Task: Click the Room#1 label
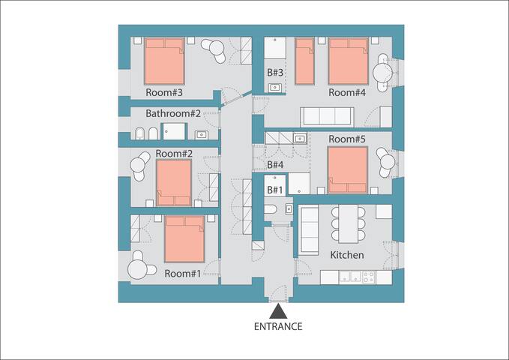[x=182, y=274]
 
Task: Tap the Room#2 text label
[x=174, y=154]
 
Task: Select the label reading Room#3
[x=166, y=93]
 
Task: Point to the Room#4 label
[x=347, y=92]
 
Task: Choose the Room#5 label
[x=347, y=139]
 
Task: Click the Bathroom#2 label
[x=173, y=114]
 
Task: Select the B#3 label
[x=275, y=73]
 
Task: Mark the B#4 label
[x=275, y=164]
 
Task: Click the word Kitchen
[x=347, y=255]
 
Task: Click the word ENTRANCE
[x=277, y=326]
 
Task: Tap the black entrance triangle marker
[x=277, y=311]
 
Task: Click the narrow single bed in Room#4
[x=304, y=61]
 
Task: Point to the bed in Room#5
[x=348, y=169]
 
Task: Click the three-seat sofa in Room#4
[x=327, y=116]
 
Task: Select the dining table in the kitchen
[x=349, y=223]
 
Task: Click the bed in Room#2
[x=174, y=182]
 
